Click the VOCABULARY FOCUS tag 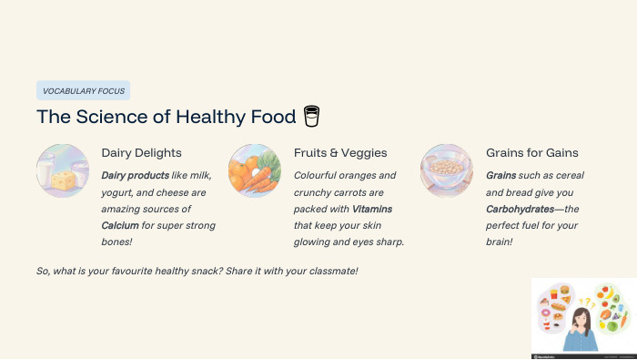(83, 90)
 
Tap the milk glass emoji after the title (312, 117)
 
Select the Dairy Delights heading (141, 153)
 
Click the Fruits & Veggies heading (340, 153)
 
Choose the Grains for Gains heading (531, 153)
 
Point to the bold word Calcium (120, 224)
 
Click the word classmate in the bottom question (331, 272)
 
